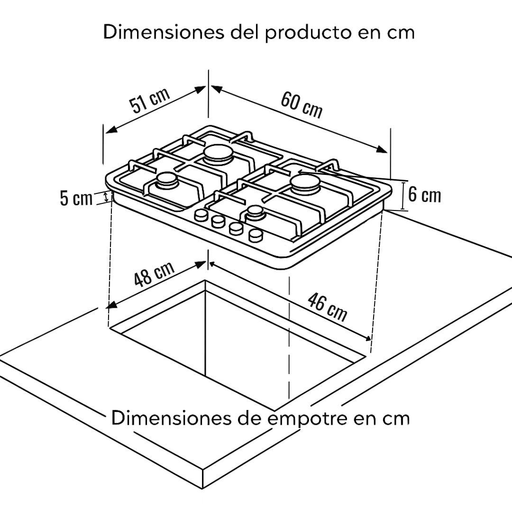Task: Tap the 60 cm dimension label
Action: coord(302,104)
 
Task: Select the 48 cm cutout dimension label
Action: coord(154,274)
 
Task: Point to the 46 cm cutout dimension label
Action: coord(327,307)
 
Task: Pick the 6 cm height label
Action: coord(424,195)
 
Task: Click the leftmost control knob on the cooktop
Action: coord(201,215)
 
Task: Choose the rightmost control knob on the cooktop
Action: coord(256,235)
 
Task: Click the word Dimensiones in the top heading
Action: coord(164,32)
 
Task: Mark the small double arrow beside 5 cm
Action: coord(105,197)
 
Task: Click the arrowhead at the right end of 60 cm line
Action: coord(382,149)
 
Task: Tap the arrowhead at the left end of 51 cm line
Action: coord(110,129)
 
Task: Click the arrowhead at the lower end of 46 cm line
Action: coord(366,338)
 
